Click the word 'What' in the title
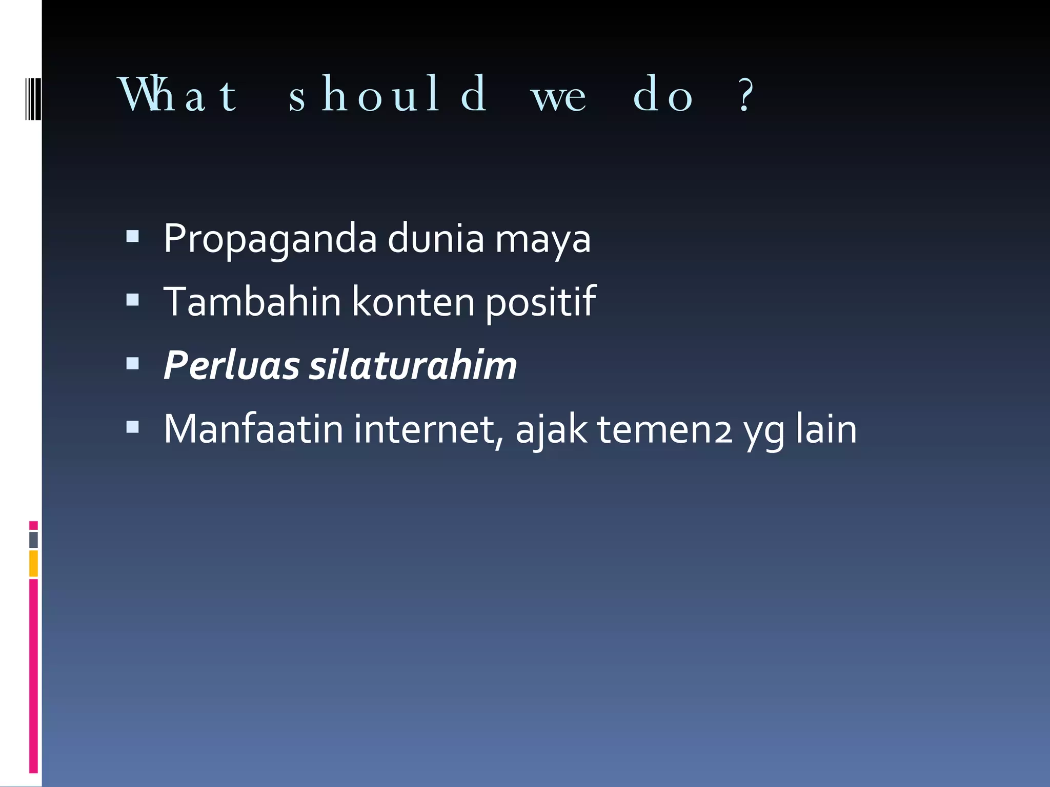[x=177, y=95]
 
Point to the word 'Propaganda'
[x=270, y=239]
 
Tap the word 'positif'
[x=540, y=302]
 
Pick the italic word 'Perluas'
[x=231, y=366]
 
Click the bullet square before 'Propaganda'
[x=132, y=236]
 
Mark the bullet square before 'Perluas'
[x=132, y=363]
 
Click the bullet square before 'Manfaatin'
[x=132, y=427]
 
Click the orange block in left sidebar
[x=33, y=563]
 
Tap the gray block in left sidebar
[x=33, y=540]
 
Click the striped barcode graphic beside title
[x=33, y=98]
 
